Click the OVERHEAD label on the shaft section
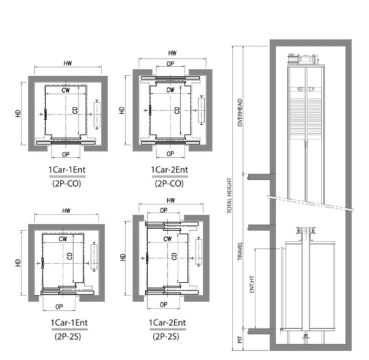pos(240,112)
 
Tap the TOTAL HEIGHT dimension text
pos(229,195)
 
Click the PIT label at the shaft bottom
pos(240,338)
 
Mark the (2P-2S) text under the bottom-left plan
pos(64,336)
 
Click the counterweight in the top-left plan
pos(97,115)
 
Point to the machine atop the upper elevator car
pos(304,60)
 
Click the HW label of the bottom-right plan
pos(172,201)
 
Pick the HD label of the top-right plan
pos(122,111)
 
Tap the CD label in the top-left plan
pos(74,111)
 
